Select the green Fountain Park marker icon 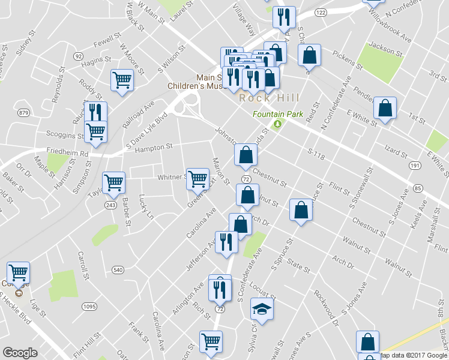click(x=277, y=124)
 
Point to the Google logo click(x=20, y=353)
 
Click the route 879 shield click(x=24, y=113)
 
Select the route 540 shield click(x=118, y=271)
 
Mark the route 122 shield click(x=321, y=13)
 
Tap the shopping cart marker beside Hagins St click(x=122, y=80)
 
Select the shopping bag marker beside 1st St click(x=385, y=109)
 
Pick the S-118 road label click(x=316, y=155)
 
